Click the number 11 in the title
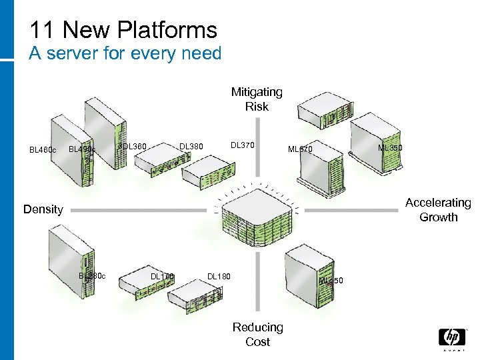(41, 30)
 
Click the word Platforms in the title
(168, 30)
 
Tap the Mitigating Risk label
(257, 99)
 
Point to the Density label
(43, 209)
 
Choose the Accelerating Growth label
(438, 209)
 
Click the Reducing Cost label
(257, 334)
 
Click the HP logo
(451, 338)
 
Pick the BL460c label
(42, 150)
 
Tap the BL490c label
(82, 150)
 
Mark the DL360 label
(133, 146)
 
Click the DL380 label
(191, 146)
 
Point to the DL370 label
(242, 145)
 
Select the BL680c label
(92, 275)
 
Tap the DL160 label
(162, 276)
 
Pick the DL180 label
(219, 275)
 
